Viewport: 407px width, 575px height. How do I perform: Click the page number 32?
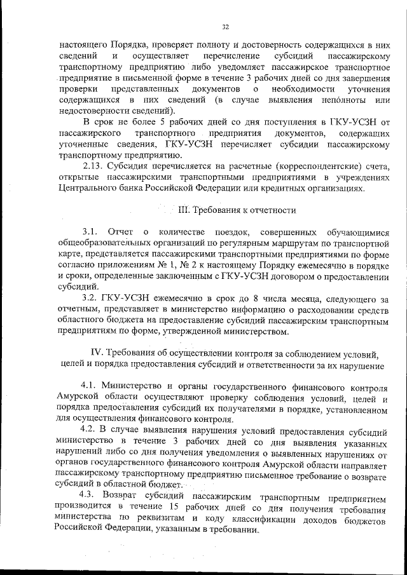click(225, 27)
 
